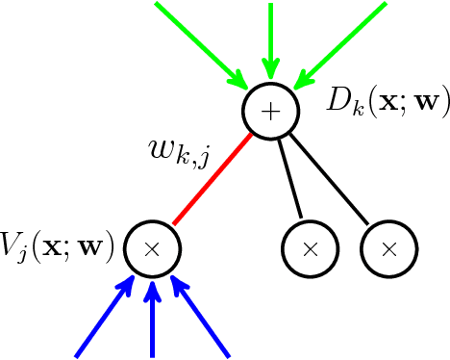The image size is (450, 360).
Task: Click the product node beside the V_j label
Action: pos(151,247)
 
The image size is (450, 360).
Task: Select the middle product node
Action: pos(310,247)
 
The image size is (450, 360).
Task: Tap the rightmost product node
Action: pos(389,247)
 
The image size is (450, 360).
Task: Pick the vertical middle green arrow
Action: pos(271,39)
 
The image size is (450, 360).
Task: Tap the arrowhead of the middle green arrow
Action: pos(271,69)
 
